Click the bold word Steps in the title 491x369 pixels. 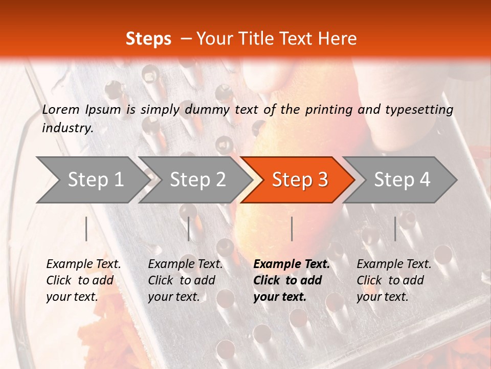coord(148,39)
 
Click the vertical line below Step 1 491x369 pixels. coord(86,229)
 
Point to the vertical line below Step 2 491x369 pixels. coord(189,229)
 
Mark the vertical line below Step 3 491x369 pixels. coord(292,229)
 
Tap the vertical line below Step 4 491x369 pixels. coord(395,229)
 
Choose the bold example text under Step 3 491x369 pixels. coord(291,280)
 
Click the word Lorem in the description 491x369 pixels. coord(61,109)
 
